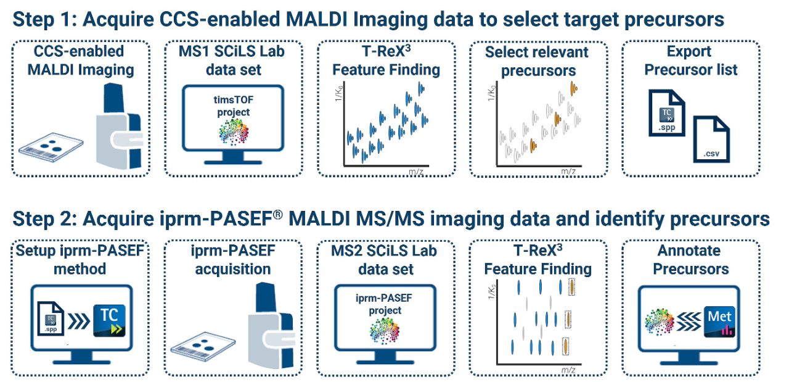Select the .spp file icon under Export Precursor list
(x=666, y=113)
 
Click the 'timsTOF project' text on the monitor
(x=233, y=106)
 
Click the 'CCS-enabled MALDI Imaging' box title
(x=79, y=60)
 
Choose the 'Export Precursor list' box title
(x=690, y=60)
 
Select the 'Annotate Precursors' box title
(x=690, y=260)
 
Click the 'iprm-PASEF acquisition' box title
(x=232, y=260)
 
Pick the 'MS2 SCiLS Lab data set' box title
(x=385, y=260)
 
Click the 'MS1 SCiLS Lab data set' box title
(x=233, y=60)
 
